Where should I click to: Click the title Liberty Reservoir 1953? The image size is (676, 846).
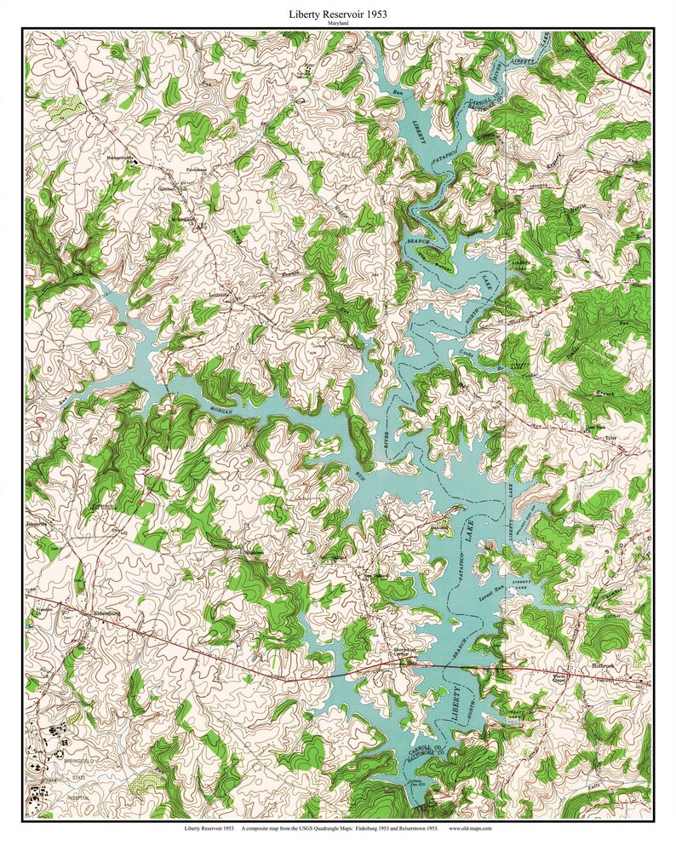338,14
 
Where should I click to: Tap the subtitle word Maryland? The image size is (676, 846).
338,25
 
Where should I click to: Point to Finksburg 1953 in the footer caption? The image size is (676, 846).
370,827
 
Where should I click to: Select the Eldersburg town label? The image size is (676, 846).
108,613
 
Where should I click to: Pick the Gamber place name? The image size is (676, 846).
165,187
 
